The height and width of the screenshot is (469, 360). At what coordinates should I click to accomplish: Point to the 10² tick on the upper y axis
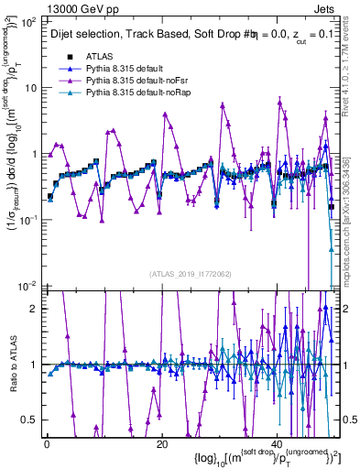click(x=30, y=22)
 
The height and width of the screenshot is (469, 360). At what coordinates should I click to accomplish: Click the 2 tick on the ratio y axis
click(x=35, y=308)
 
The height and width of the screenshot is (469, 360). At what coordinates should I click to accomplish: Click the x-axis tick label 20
click(x=162, y=442)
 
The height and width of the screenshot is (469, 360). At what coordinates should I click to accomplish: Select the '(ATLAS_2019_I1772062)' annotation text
click(x=190, y=273)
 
